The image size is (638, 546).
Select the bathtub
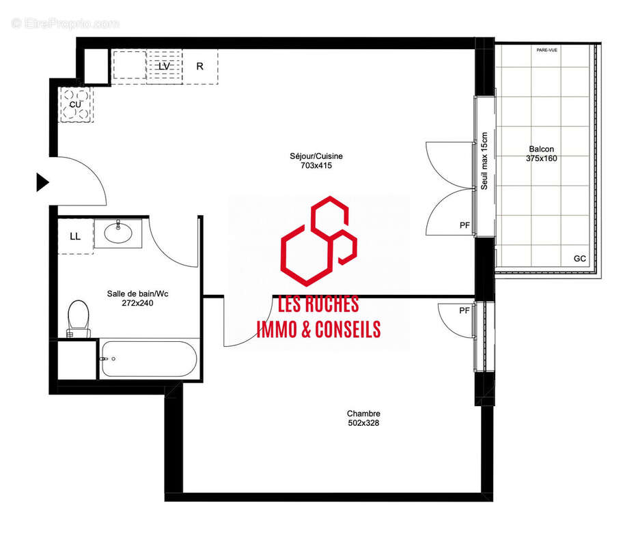(149, 359)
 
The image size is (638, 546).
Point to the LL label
(75, 237)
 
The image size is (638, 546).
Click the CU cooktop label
(75, 104)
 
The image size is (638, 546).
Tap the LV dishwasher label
(164, 67)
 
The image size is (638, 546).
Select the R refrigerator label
(199, 67)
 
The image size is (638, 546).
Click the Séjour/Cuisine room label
(316, 156)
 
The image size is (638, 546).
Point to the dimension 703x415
(316, 165)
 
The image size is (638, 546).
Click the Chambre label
(363, 414)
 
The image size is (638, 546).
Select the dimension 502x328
(363, 423)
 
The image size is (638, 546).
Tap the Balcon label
(542, 149)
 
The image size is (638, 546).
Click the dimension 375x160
(542, 158)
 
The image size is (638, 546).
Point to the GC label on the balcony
(580, 259)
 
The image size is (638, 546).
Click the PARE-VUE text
(547, 50)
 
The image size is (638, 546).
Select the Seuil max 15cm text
(484, 161)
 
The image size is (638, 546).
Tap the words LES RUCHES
(318, 305)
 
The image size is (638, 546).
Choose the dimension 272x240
(137, 303)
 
